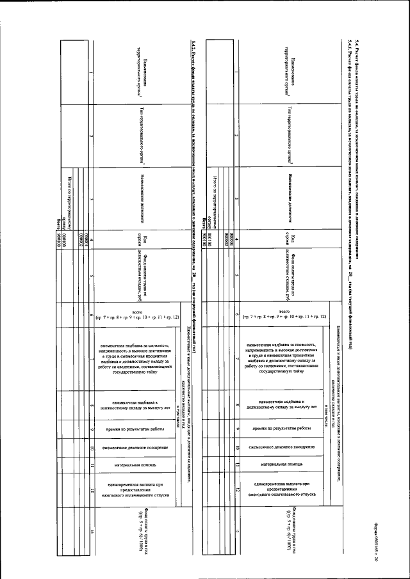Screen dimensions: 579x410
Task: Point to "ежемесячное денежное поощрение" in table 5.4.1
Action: [282, 445]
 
